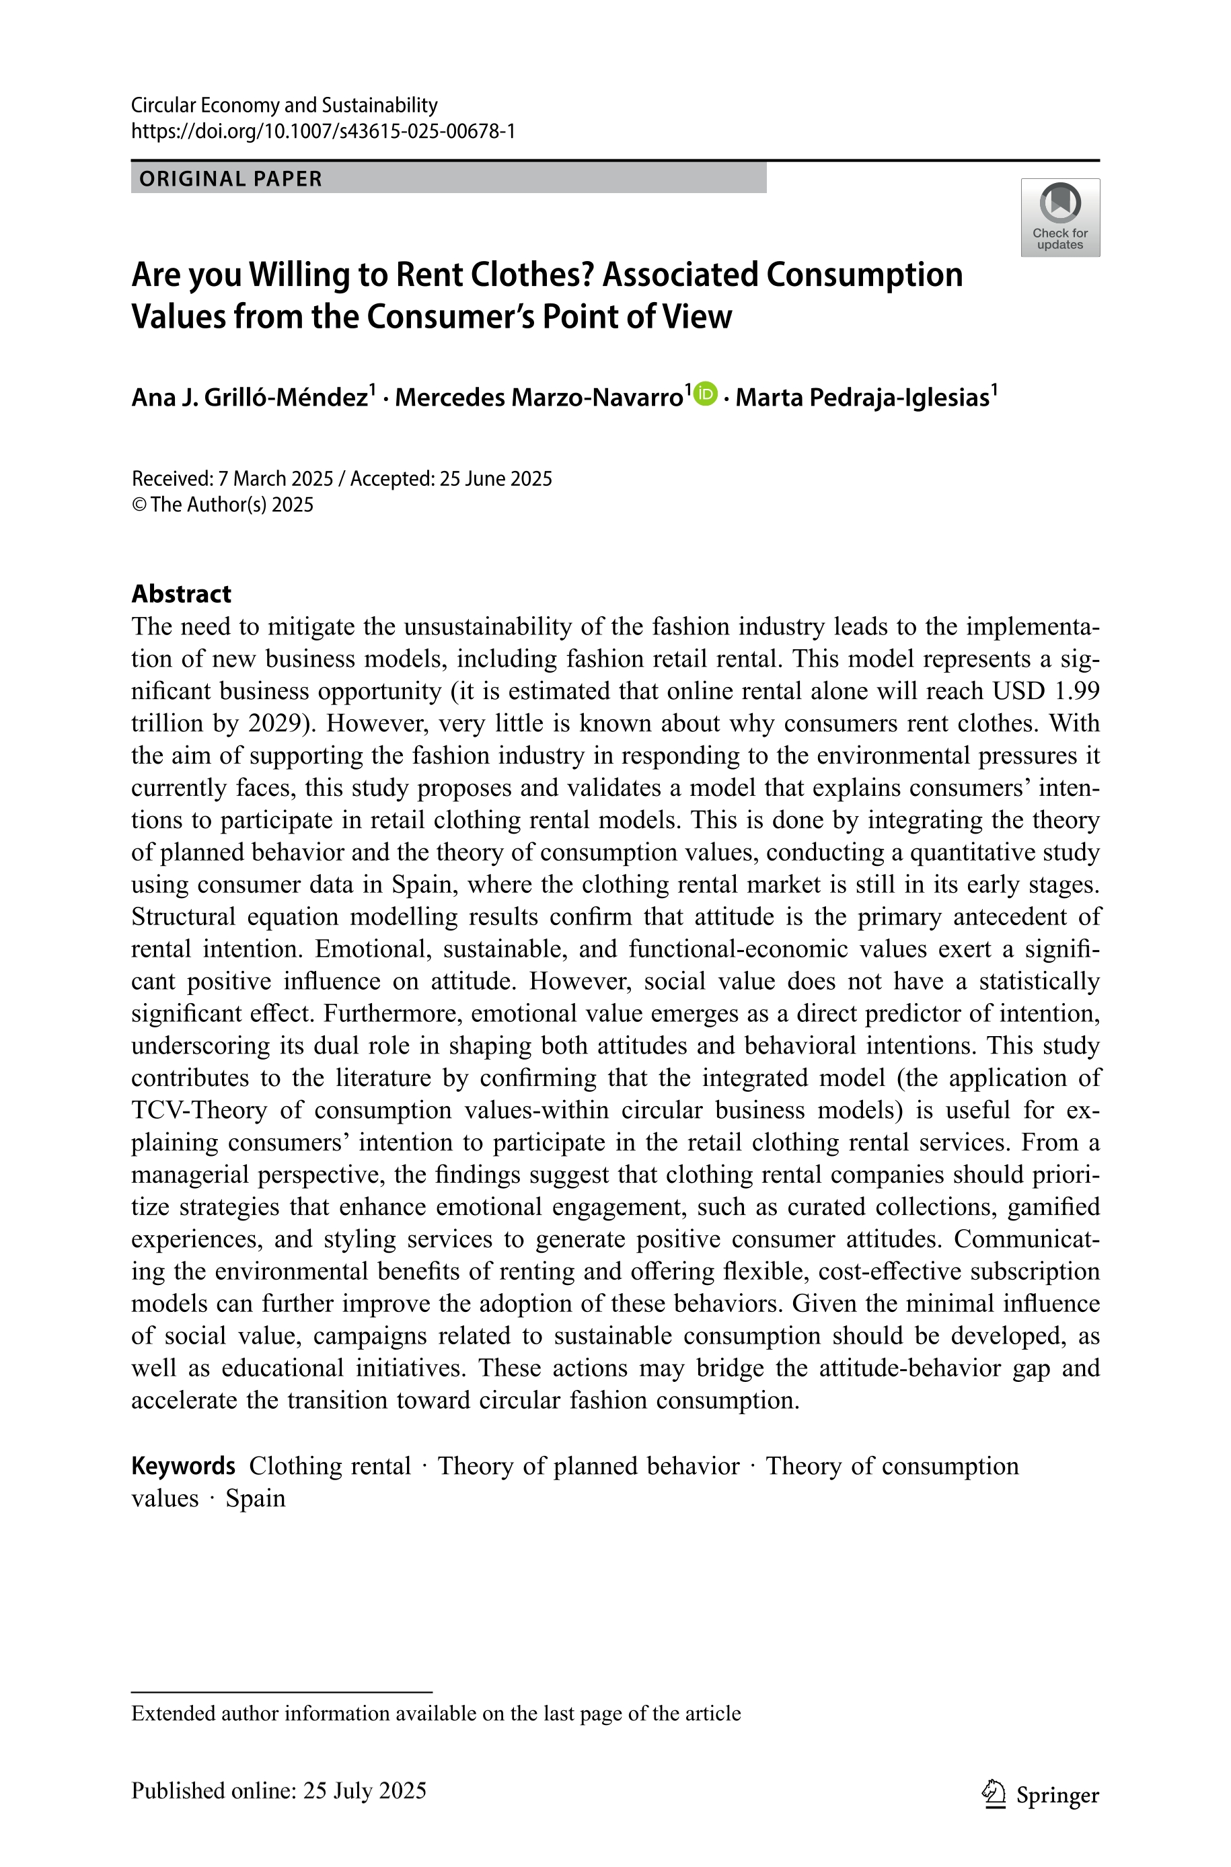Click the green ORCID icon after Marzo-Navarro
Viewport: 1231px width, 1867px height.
[x=706, y=394]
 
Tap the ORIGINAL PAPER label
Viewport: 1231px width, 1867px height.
[x=231, y=179]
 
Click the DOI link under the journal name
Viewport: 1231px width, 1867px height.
[x=323, y=131]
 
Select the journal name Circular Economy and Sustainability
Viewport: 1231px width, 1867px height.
[x=284, y=105]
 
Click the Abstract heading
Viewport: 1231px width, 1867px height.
[x=182, y=593]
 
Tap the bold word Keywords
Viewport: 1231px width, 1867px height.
[x=183, y=1466]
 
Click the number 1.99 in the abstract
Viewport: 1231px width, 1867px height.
[x=1076, y=691]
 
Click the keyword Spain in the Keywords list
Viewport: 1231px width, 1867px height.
[x=255, y=1498]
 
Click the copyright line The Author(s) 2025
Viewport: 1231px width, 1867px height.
[x=231, y=505]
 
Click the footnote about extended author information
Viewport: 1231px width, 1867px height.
[x=436, y=1713]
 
